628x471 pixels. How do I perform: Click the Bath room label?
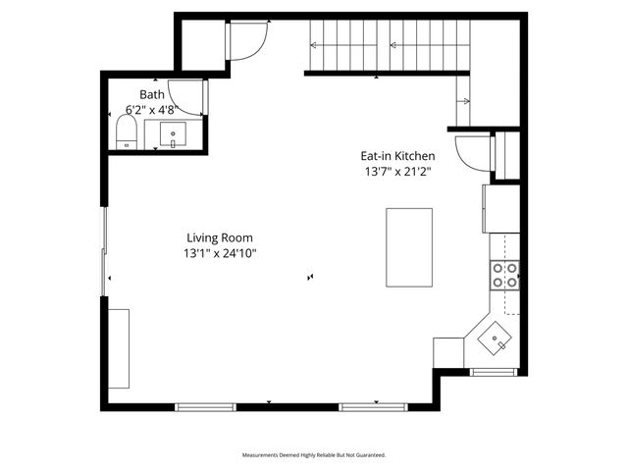tap(152, 94)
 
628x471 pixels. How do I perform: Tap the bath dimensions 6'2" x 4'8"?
tap(152, 110)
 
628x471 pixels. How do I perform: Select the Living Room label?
tap(220, 237)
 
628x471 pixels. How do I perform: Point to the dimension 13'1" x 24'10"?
tap(220, 253)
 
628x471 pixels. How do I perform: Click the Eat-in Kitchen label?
tap(396, 156)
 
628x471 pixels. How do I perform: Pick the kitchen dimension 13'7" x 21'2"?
tap(396, 172)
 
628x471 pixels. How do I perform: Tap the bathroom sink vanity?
tap(174, 134)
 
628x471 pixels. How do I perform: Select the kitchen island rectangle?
tap(409, 246)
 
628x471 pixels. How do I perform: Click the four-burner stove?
tap(504, 276)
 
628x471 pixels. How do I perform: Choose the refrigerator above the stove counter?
tap(500, 208)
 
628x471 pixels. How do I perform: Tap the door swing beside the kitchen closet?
tap(473, 152)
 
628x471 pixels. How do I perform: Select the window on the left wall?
tap(104, 251)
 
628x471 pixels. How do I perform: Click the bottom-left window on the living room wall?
tap(205, 405)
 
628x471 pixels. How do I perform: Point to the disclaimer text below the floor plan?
tap(314, 455)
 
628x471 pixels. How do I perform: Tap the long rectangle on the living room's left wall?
tap(119, 348)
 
